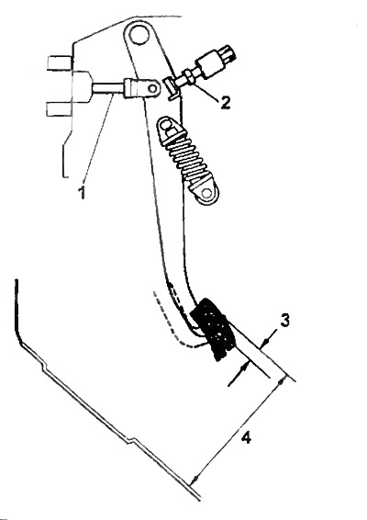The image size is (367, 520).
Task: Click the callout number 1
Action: pyautogui.click(x=82, y=192)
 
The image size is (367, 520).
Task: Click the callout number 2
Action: pyautogui.click(x=225, y=102)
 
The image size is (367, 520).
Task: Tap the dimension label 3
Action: pyautogui.click(x=284, y=321)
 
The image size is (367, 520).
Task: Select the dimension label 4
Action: pyautogui.click(x=246, y=437)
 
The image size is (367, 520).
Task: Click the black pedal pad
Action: pyautogui.click(x=213, y=328)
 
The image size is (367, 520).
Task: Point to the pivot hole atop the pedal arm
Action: pyautogui.click(x=139, y=34)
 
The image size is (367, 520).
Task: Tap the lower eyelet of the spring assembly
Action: pyautogui.click(x=207, y=193)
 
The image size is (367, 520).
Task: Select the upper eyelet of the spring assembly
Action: pyautogui.click(x=166, y=126)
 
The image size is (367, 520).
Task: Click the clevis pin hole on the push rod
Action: pyautogui.click(x=152, y=88)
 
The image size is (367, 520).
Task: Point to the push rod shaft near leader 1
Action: pyautogui.click(x=108, y=88)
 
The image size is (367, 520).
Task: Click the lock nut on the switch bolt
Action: pyautogui.click(x=187, y=77)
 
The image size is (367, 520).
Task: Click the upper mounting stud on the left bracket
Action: pyautogui.click(x=60, y=62)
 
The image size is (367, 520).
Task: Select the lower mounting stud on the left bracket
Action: pyautogui.click(x=58, y=109)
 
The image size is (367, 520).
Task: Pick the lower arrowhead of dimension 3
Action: pyautogui.click(x=244, y=367)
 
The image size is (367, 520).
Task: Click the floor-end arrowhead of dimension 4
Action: pyautogui.click(x=195, y=478)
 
